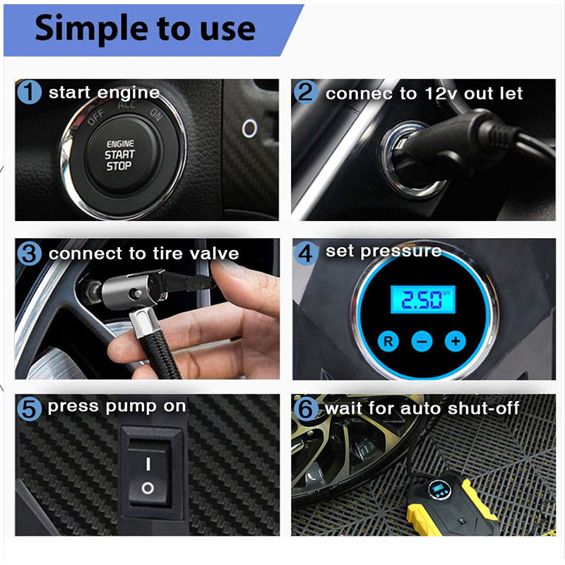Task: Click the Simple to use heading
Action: [145, 28]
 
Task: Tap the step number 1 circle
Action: [29, 93]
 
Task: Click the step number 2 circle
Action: [306, 93]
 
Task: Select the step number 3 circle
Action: [29, 253]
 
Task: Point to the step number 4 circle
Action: [306, 252]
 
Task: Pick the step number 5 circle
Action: [28, 408]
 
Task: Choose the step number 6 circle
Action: [306, 408]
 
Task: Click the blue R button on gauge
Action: [388, 341]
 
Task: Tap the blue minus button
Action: [422, 342]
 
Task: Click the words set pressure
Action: [383, 251]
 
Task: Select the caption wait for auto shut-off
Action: [422, 408]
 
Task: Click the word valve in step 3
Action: [212, 254]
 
